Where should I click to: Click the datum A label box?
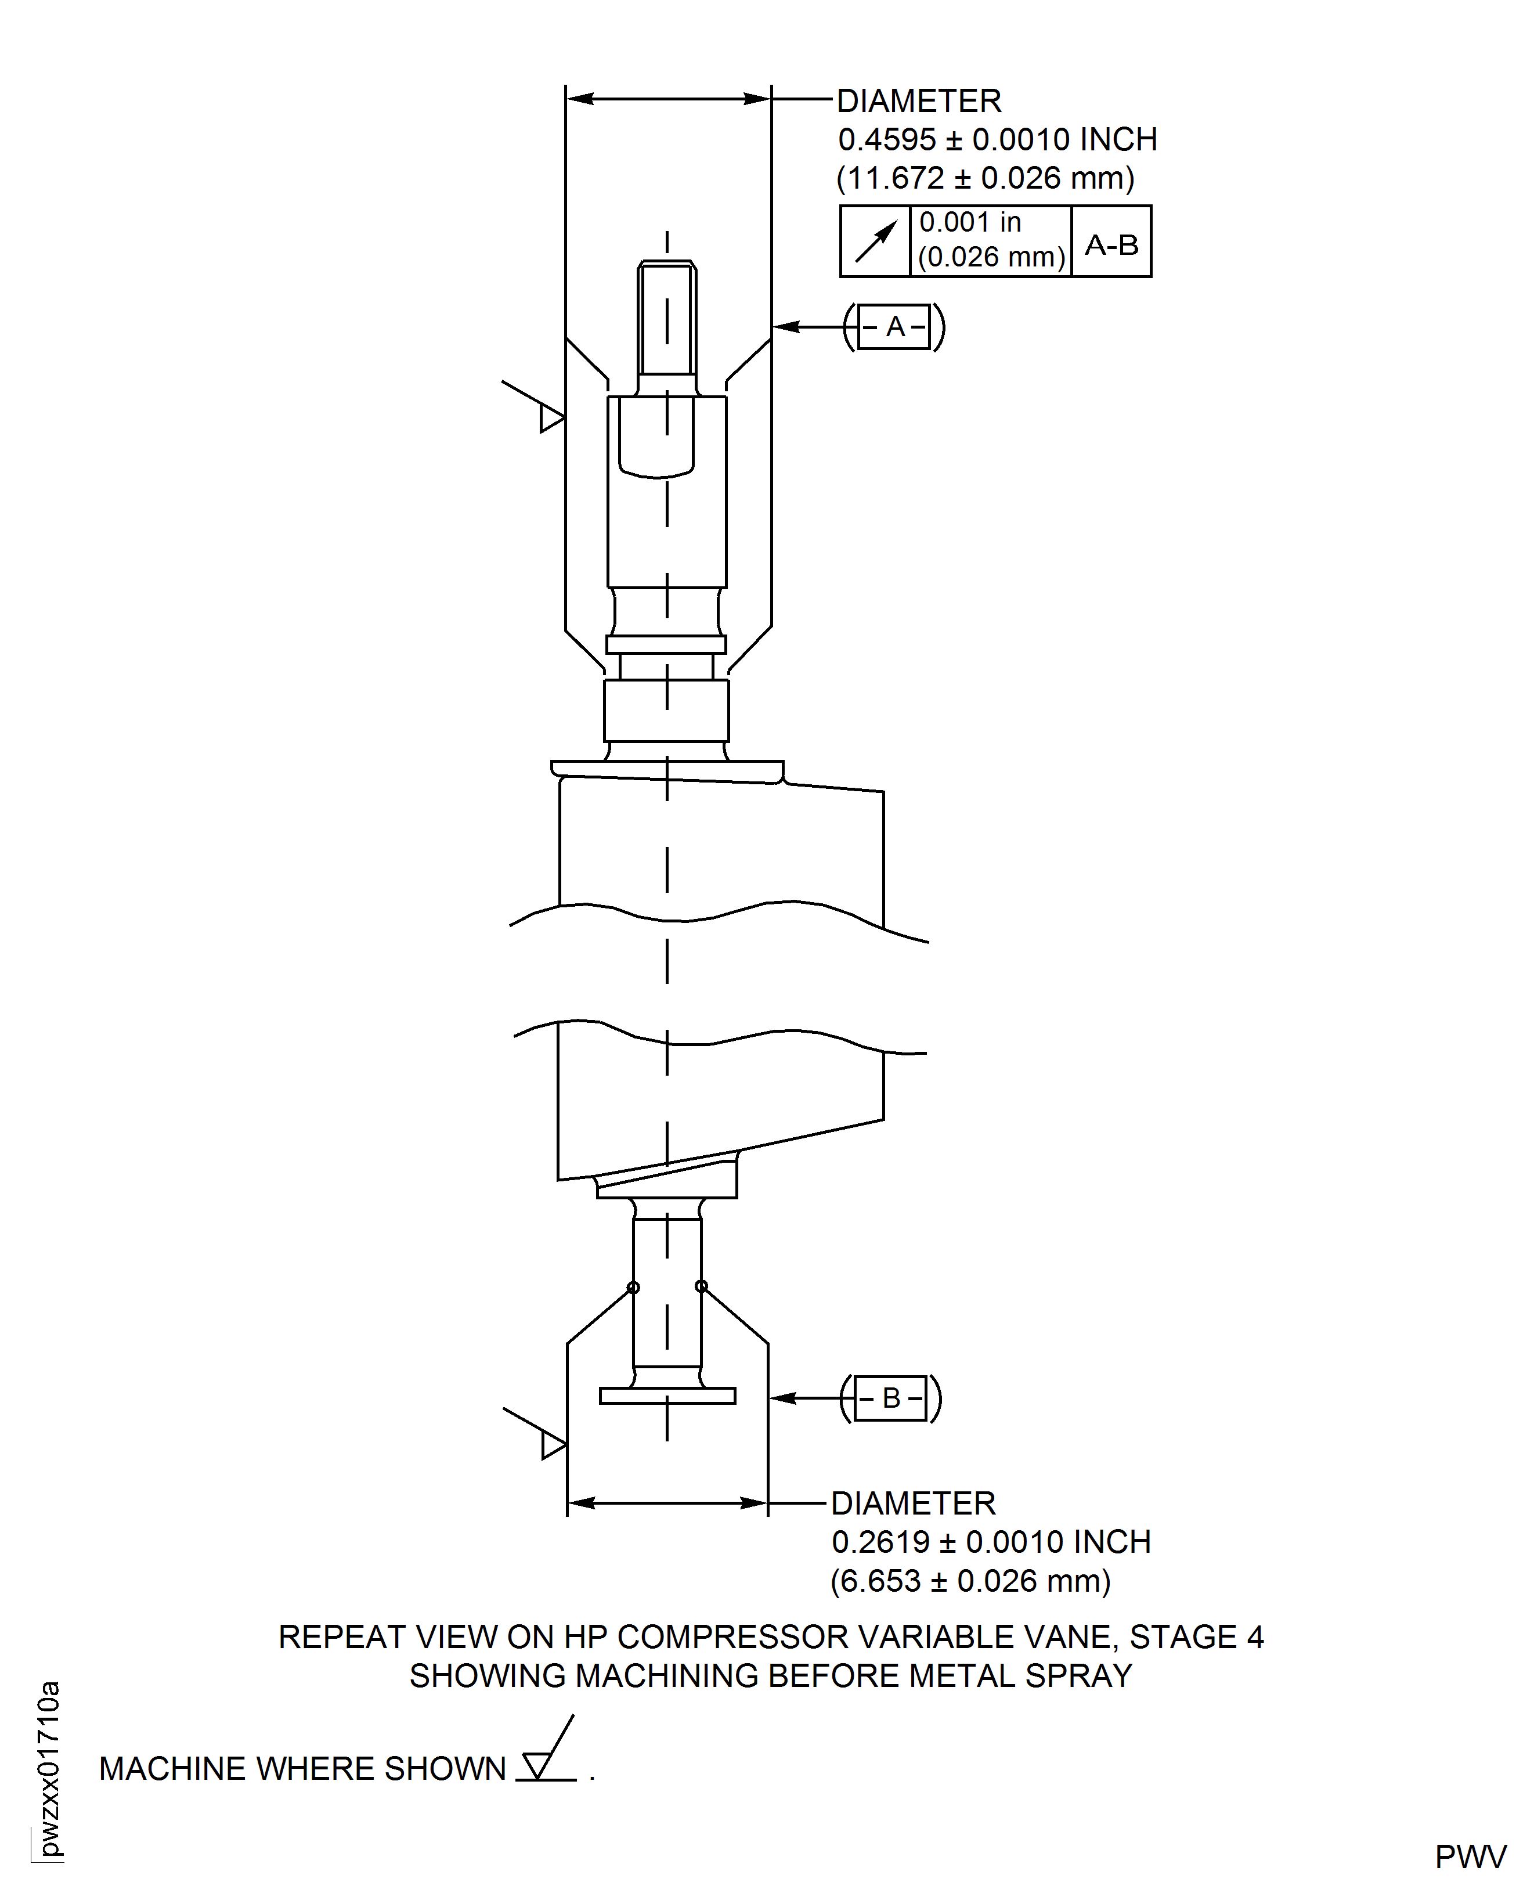(x=894, y=327)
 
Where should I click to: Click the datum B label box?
(x=891, y=1398)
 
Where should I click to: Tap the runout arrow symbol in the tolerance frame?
(x=875, y=242)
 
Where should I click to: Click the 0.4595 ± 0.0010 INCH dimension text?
(x=997, y=140)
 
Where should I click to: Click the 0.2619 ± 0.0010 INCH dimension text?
(x=991, y=1542)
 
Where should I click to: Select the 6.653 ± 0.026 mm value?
(x=970, y=1581)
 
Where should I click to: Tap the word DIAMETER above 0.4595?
(x=919, y=102)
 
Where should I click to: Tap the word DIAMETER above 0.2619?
(x=913, y=1503)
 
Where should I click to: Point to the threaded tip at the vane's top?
(x=667, y=318)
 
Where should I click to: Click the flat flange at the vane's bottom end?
(x=667, y=1396)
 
